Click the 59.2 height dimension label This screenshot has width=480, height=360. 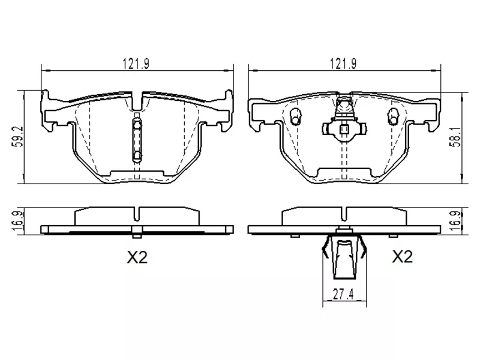(x=19, y=137)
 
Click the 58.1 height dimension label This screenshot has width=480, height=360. (x=457, y=137)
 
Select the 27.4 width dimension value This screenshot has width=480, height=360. (x=343, y=295)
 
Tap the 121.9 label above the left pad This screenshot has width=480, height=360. (x=136, y=64)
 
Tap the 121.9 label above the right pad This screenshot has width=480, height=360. (x=343, y=64)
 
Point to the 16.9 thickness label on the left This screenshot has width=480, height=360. (x=19, y=221)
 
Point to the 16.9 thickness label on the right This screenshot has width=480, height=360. (x=457, y=221)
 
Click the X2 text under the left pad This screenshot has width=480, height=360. (x=137, y=257)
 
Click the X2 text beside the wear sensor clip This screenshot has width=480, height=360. (x=403, y=257)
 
